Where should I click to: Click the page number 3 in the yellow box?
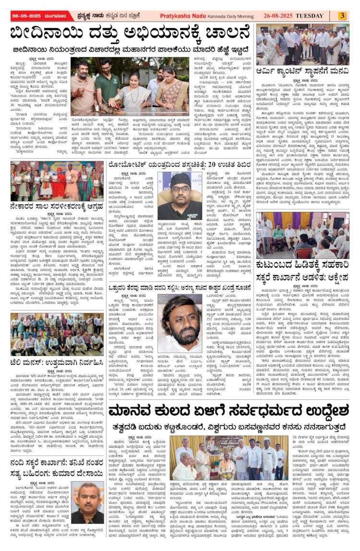[342, 16]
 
